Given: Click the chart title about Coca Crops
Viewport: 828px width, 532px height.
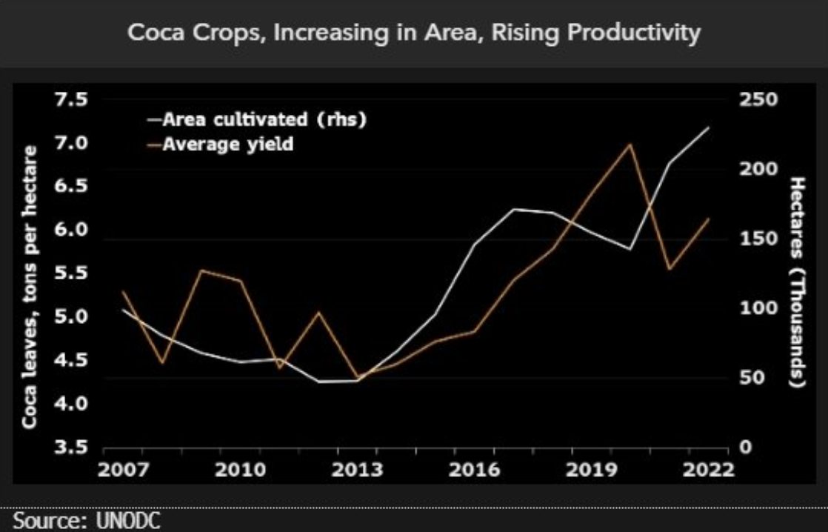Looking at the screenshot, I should click(x=414, y=33).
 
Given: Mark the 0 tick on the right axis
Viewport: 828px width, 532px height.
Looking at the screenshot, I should click(x=745, y=448).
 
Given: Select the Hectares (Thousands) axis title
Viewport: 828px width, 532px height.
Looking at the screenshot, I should click(x=797, y=282).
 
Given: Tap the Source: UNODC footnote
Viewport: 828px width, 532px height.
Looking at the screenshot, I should click(x=86, y=521).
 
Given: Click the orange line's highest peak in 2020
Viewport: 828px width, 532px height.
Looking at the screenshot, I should click(x=630, y=144).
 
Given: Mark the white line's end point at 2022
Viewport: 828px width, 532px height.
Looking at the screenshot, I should click(x=710, y=127).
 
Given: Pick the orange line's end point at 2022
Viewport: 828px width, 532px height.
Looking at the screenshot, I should click(x=710, y=219).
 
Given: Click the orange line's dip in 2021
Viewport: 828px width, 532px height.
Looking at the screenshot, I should click(x=670, y=269).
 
